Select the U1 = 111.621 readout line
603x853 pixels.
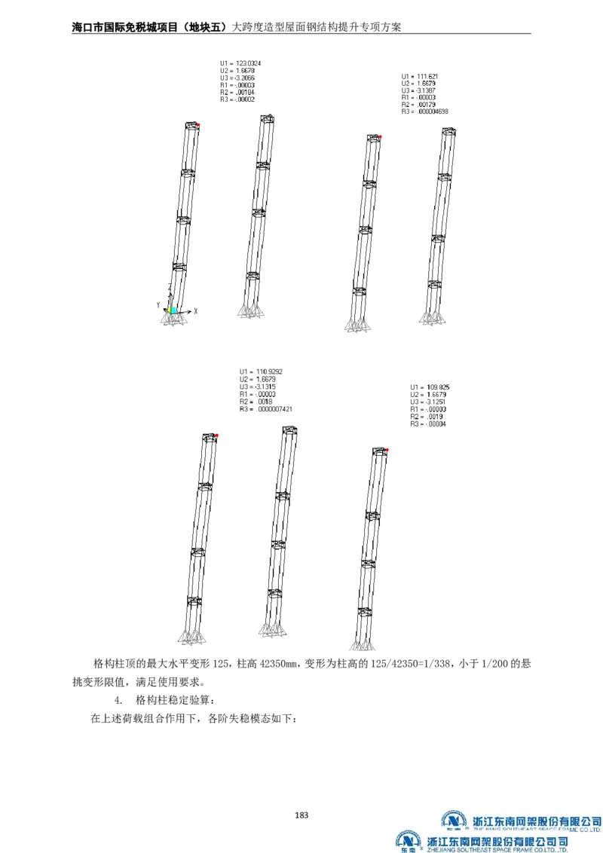click(419, 76)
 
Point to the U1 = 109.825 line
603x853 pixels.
click(428, 387)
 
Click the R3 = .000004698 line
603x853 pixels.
click(424, 112)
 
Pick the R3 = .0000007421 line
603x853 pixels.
click(265, 409)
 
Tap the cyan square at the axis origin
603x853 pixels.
click(173, 309)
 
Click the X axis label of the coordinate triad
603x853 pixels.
click(194, 310)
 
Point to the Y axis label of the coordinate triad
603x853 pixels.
click(158, 304)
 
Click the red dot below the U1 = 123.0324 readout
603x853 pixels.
click(199, 125)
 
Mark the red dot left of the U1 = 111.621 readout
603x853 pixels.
click(381, 136)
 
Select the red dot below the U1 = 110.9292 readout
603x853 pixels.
click(216, 436)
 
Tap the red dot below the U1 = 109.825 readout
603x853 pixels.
click(387, 450)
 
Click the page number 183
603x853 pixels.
click(301, 815)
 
